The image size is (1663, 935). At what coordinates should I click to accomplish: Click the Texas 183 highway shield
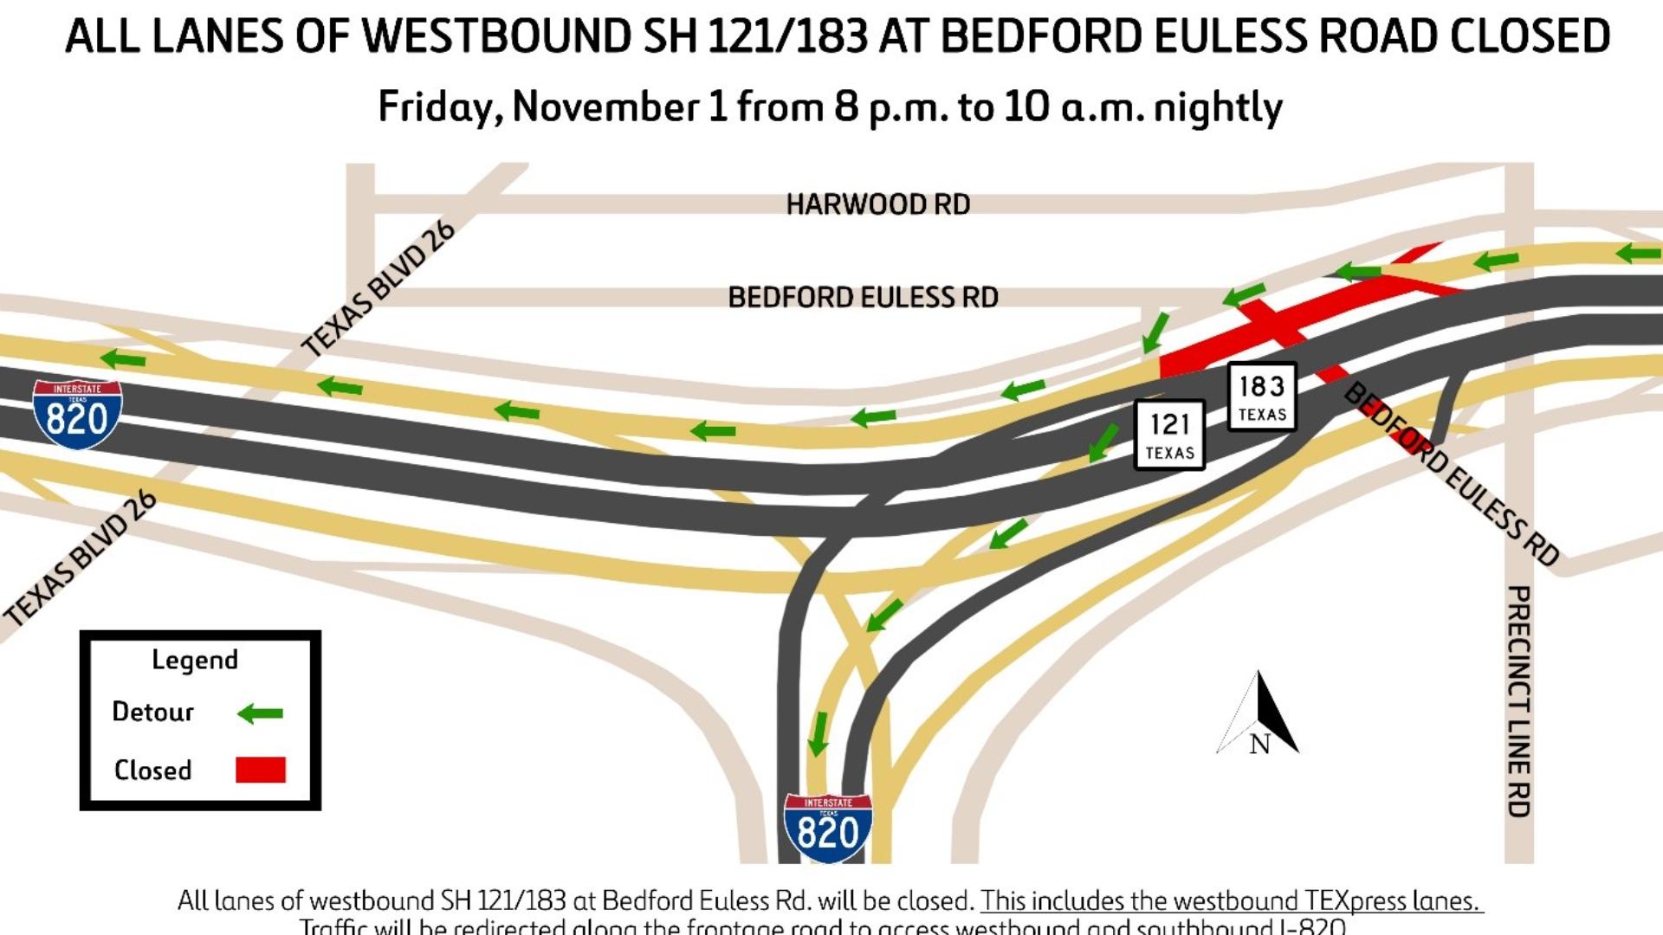click(x=1262, y=397)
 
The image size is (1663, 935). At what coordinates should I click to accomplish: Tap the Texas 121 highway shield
click(x=1169, y=435)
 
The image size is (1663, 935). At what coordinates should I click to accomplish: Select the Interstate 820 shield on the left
click(x=77, y=414)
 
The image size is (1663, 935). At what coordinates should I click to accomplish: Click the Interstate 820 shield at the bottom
click(x=827, y=828)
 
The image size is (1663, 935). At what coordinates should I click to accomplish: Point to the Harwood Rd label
click(x=877, y=204)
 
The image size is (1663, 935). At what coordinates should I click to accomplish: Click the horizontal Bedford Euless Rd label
click(x=863, y=298)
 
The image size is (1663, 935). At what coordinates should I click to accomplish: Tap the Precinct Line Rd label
click(x=1518, y=701)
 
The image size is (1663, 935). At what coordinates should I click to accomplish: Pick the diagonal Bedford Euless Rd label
click(x=1451, y=474)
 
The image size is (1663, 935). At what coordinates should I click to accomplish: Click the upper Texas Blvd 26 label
click(x=378, y=288)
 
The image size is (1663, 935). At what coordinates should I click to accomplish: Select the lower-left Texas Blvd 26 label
click(x=81, y=557)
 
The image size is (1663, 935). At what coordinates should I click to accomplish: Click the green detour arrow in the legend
click(x=260, y=713)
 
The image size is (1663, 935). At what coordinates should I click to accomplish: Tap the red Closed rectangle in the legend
click(x=260, y=770)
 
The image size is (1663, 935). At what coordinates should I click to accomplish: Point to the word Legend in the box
click(x=195, y=660)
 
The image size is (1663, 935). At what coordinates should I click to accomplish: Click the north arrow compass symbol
click(x=1259, y=714)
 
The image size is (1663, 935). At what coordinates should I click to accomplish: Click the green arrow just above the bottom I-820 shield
click(x=818, y=733)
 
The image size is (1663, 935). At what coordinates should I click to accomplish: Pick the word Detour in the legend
click(x=152, y=712)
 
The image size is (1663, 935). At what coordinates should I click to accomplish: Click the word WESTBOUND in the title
click(x=496, y=36)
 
